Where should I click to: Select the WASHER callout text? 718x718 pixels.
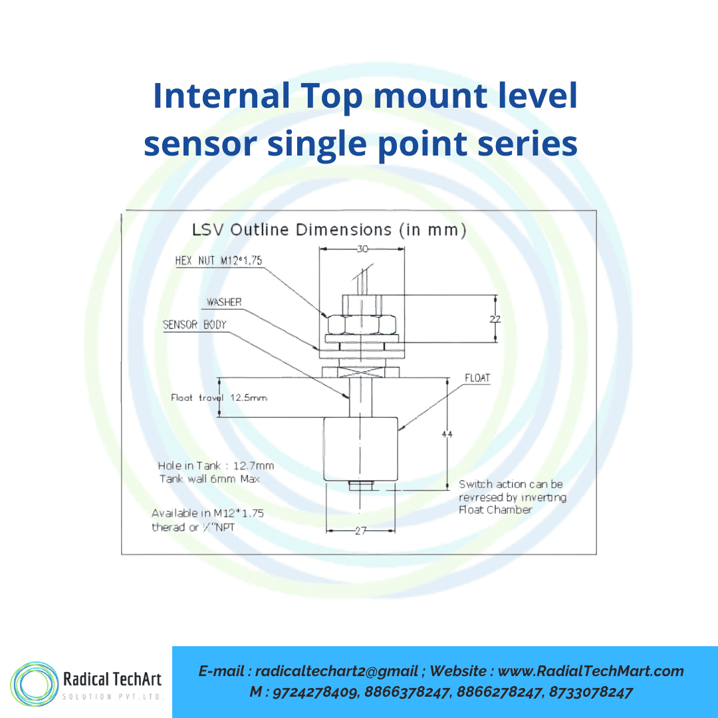coord(224,302)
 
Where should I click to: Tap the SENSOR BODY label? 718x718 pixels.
coord(195,324)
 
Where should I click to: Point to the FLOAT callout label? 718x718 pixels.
coord(477,378)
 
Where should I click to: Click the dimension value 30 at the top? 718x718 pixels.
coord(362,249)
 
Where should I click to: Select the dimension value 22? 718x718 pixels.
coord(495,319)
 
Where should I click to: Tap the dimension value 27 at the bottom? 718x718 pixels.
coord(360,531)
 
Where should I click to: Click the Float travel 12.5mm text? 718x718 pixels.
coord(219,398)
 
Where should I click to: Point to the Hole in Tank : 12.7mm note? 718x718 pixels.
coord(216,465)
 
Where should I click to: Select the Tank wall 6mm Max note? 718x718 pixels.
coord(209,479)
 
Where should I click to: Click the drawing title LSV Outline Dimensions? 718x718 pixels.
coord(329,230)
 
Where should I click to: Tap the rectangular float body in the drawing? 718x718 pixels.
coord(360,449)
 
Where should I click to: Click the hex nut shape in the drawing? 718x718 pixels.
coord(360,324)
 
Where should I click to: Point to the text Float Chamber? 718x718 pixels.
coord(495,510)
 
